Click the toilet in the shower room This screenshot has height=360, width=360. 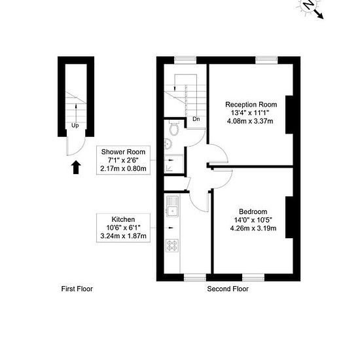click(x=174, y=128)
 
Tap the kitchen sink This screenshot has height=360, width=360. click(x=172, y=206)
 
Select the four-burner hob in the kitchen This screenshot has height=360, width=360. click(x=172, y=245)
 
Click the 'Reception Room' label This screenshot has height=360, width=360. click(x=251, y=105)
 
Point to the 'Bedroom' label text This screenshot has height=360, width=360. click(x=253, y=211)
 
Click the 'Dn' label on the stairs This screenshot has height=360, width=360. click(x=196, y=119)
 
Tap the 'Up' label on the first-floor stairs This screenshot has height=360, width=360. click(x=75, y=126)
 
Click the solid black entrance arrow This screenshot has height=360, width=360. click(x=76, y=167)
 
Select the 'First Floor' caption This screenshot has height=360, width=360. click(x=77, y=289)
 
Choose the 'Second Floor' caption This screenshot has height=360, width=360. click(x=228, y=289)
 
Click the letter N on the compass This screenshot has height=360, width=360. click(x=308, y=5)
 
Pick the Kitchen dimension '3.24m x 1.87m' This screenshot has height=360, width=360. click(x=123, y=236)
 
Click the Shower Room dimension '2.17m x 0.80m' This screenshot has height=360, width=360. click(x=123, y=168)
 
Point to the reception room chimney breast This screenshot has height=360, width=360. click(x=289, y=115)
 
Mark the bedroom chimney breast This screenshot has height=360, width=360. click(x=289, y=217)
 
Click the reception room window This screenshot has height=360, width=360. click(x=266, y=60)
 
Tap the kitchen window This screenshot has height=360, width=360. click(x=195, y=278)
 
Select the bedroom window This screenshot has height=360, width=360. click(x=253, y=278)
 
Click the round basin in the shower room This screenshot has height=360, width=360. click(x=168, y=144)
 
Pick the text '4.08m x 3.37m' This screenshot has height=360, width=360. click(x=250, y=121)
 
